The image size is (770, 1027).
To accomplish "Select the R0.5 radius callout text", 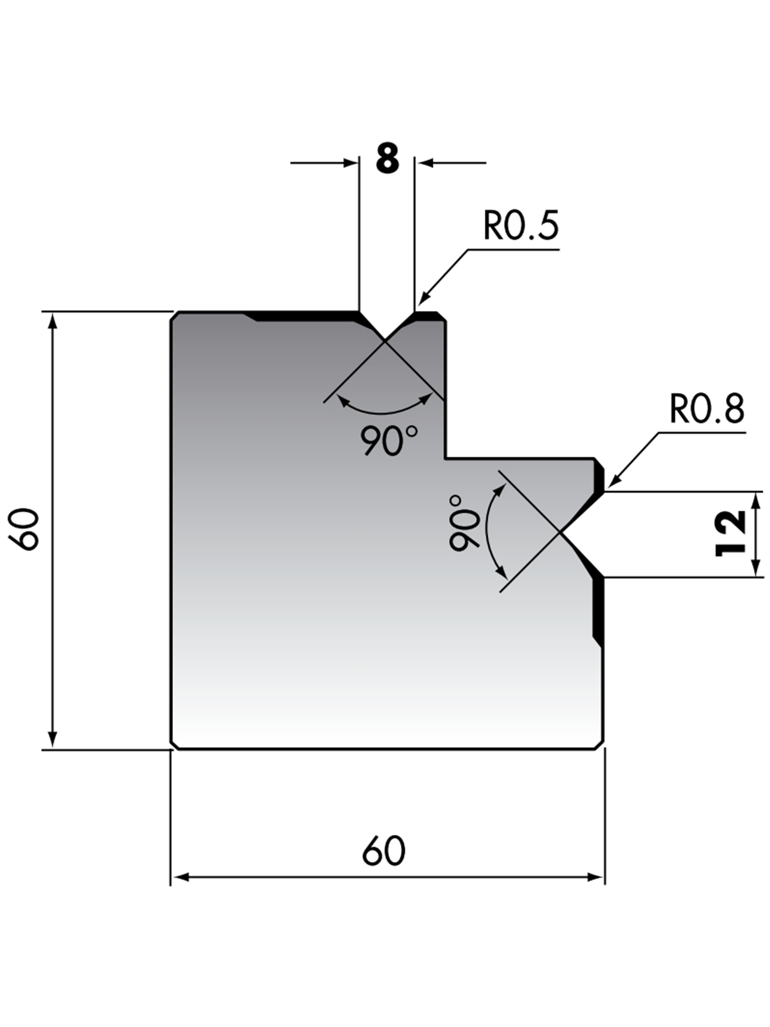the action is [x=520, y=226].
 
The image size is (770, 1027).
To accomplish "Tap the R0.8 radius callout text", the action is [x=707, y=409].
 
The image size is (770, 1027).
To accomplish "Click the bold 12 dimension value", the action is [x=730, y=533].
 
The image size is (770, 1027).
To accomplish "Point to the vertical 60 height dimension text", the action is [x=24, y=530].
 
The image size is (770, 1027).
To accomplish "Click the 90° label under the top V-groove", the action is [x=389, y=440].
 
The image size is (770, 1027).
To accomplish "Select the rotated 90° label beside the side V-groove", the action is [x=464, y=523].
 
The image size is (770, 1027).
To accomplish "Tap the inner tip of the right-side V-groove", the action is [x=560, y=532].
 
